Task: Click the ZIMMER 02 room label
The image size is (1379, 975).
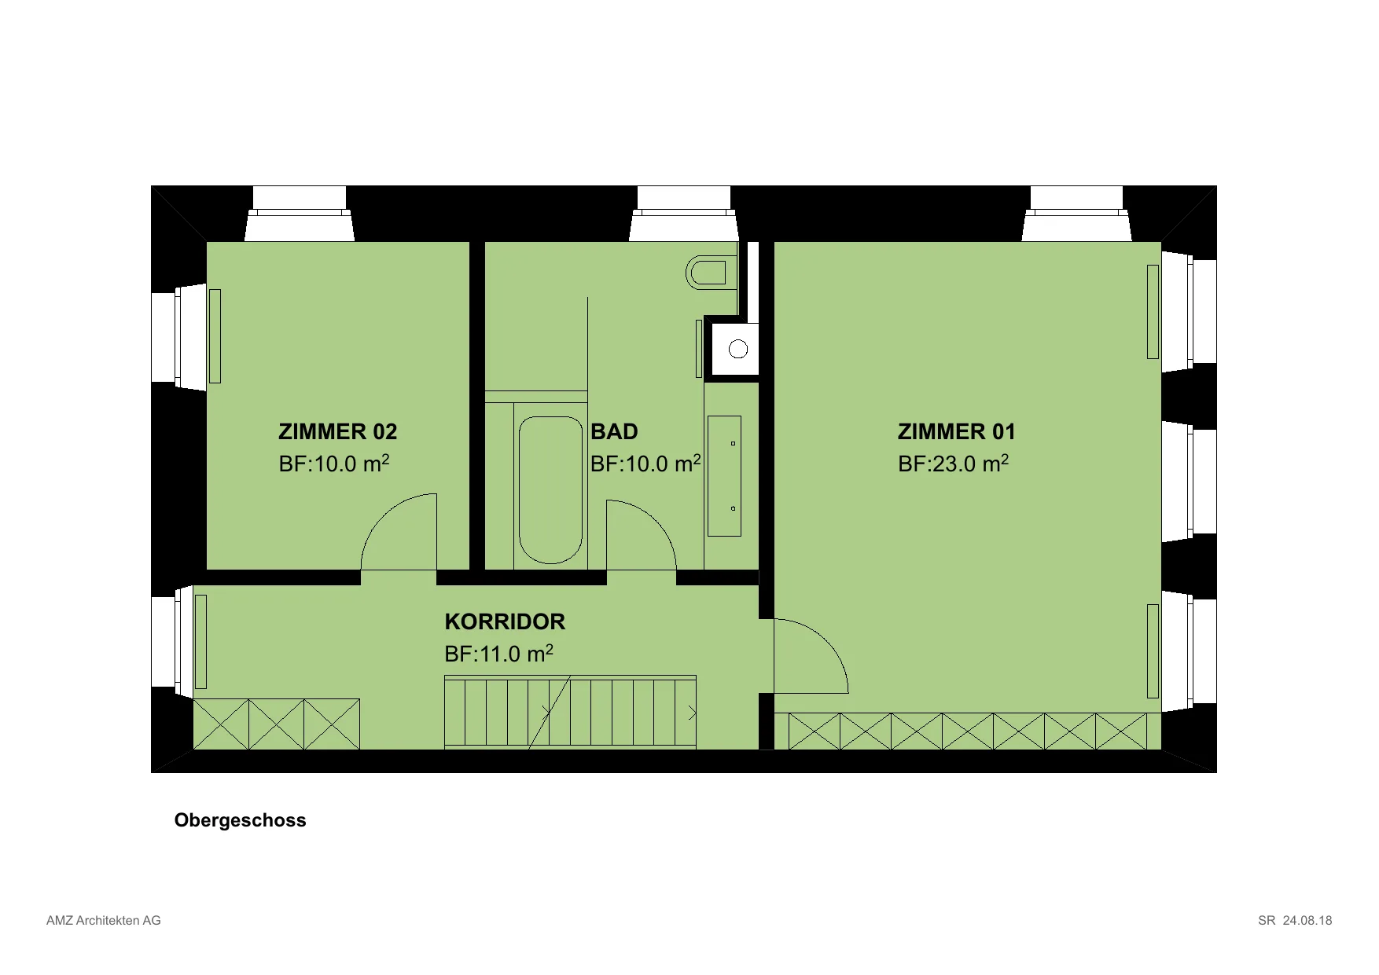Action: (x=338, y=432)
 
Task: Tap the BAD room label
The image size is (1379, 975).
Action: (x=614, y=432)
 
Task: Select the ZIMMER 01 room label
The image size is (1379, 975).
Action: (x=957, y=432)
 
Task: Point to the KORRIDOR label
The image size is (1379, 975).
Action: (x=505, y=622)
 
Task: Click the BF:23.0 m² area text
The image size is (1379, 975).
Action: (x=953, y=464)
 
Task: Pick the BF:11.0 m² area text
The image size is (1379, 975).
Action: (x=498, y=654)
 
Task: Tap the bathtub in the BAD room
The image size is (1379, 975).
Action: (x=550, y=489)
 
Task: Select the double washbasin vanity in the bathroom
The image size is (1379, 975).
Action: (x=724, y=476)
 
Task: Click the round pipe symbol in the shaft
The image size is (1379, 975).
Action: (x=738, y=348)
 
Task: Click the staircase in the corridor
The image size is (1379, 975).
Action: (x=570, y=712)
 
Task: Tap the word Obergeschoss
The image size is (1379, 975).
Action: (x=241, y=820)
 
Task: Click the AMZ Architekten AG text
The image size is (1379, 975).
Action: (x=104, y=921)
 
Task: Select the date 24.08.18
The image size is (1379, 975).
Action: (x=1307, y=921)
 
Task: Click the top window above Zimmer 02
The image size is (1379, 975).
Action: (x=300, y=213)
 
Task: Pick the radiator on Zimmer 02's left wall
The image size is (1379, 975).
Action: (x=215, y=336)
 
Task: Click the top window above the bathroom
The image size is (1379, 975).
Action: (x=684, y=213)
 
